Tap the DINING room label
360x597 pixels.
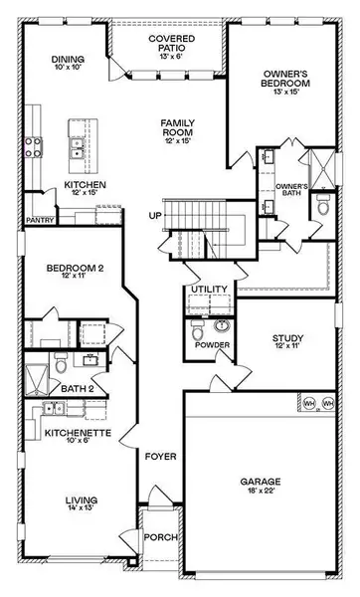(x=67, y=60)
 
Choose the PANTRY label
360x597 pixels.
(x=39, y=222)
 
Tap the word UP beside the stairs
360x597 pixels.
(x=154, y=215)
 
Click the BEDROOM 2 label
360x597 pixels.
(x=69, y=268)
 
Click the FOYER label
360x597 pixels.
(x=161, y=457)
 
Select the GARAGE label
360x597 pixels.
(x=260, y=483)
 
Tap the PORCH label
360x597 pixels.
(x=161, y=537)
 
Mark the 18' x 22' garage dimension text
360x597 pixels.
(x=261, y=494)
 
